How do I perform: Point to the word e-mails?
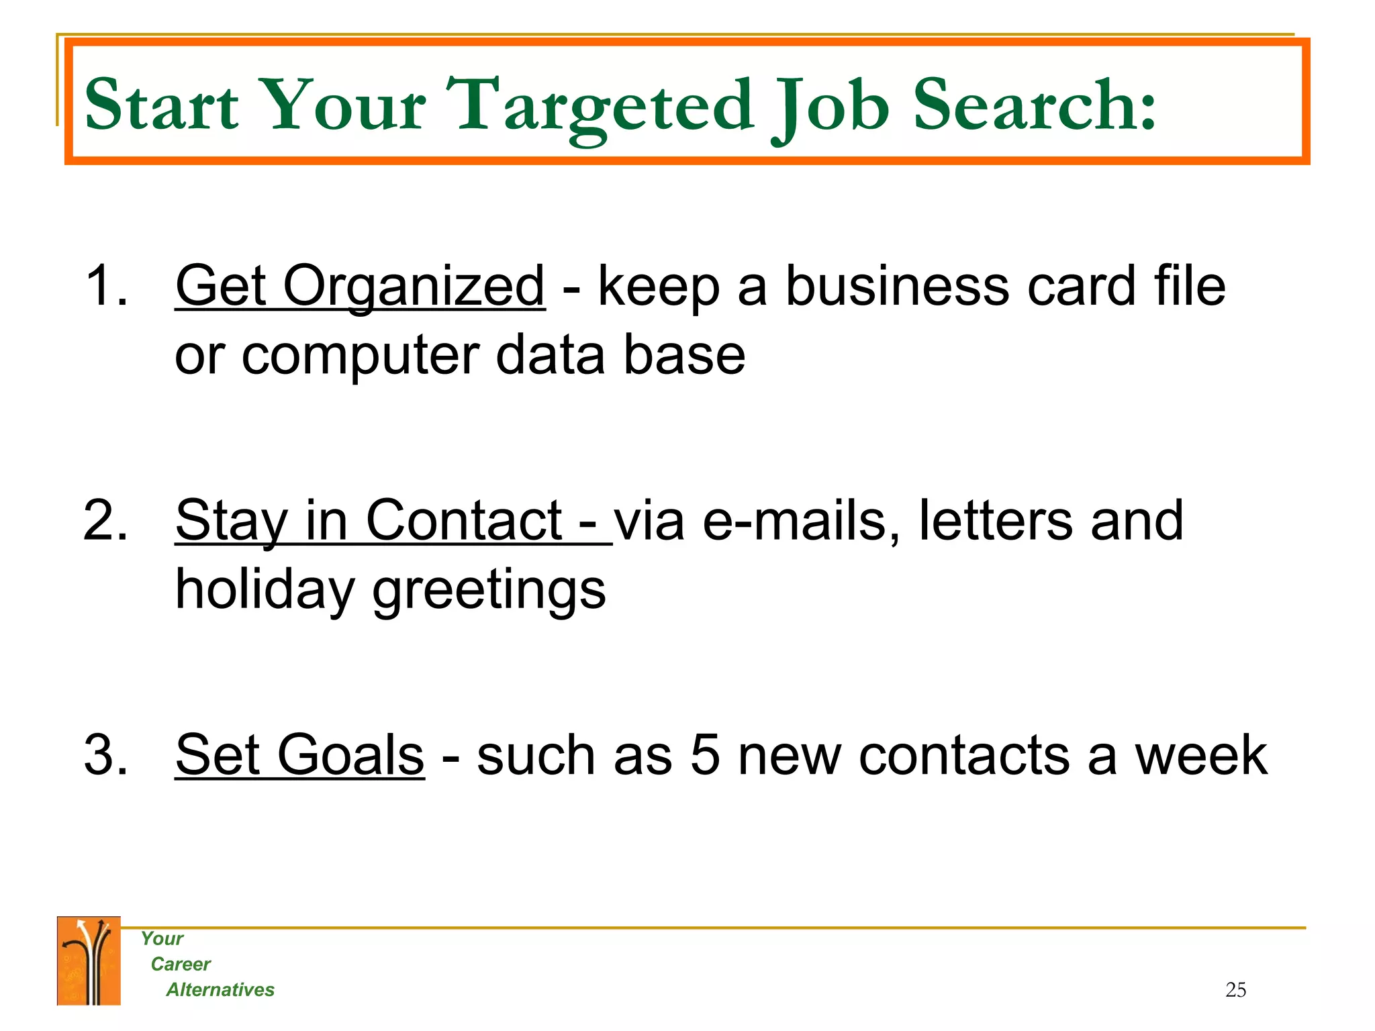[800, 521]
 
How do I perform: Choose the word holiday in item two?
[264, 589]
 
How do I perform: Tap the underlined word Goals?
[350, 755]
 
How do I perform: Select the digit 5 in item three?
[705, 756]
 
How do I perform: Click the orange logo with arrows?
[89, 961]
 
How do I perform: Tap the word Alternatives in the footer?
[220, 989]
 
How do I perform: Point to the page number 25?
[1235, 989]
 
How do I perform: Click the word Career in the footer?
[181, 964]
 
